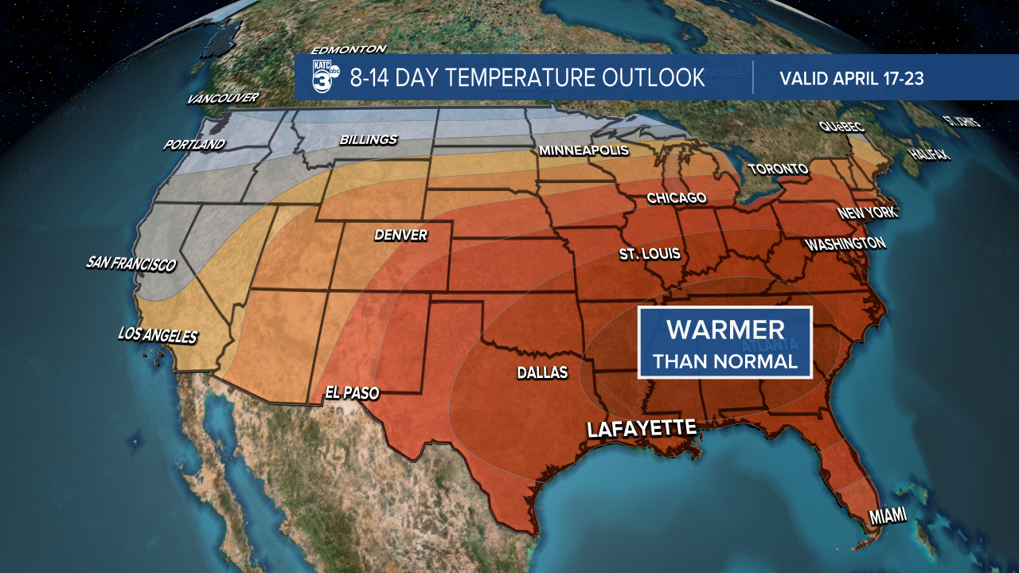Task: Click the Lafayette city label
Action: tap(642, 428)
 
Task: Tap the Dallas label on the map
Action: tap(542, 372)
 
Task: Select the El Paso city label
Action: tap(352, 392)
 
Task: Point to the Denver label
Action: tap(401, 236)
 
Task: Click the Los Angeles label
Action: tap(157, 336)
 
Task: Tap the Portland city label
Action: tap(194, 145)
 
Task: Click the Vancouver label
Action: tap(223, 99)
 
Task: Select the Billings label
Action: tap(368, 140)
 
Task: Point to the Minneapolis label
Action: tap(584, 150)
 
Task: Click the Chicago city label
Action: tap(677, 197)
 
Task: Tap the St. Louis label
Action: tap(650, 254)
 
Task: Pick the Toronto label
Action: tap(778, 169)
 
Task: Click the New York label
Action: tap(867, 213)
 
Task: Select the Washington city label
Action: tap(845, 244)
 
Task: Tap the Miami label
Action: tap(887, 516)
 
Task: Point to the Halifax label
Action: tap(931, 154)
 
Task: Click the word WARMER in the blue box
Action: tap(725, 329)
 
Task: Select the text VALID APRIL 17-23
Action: tap(852, 78)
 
